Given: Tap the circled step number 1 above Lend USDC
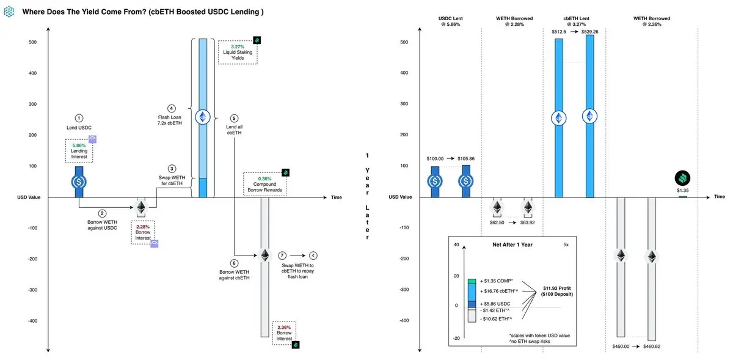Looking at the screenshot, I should click(x=78, y=118).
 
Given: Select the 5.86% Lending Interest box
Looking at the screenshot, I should click(x=78, y=150).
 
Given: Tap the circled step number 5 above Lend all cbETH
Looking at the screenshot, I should click(x=235, y=118).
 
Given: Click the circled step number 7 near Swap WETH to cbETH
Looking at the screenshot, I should click(x=282, y=255).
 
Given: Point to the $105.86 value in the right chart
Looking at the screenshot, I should click(x=466, y=159).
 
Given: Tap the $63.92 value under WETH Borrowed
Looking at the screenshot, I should click(x=528, y=222).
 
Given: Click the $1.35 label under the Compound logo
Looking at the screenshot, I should click(x=682, y=190).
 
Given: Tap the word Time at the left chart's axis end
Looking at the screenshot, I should click(x=337, y=197).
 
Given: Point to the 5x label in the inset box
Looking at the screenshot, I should click(x=566, y=244).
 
